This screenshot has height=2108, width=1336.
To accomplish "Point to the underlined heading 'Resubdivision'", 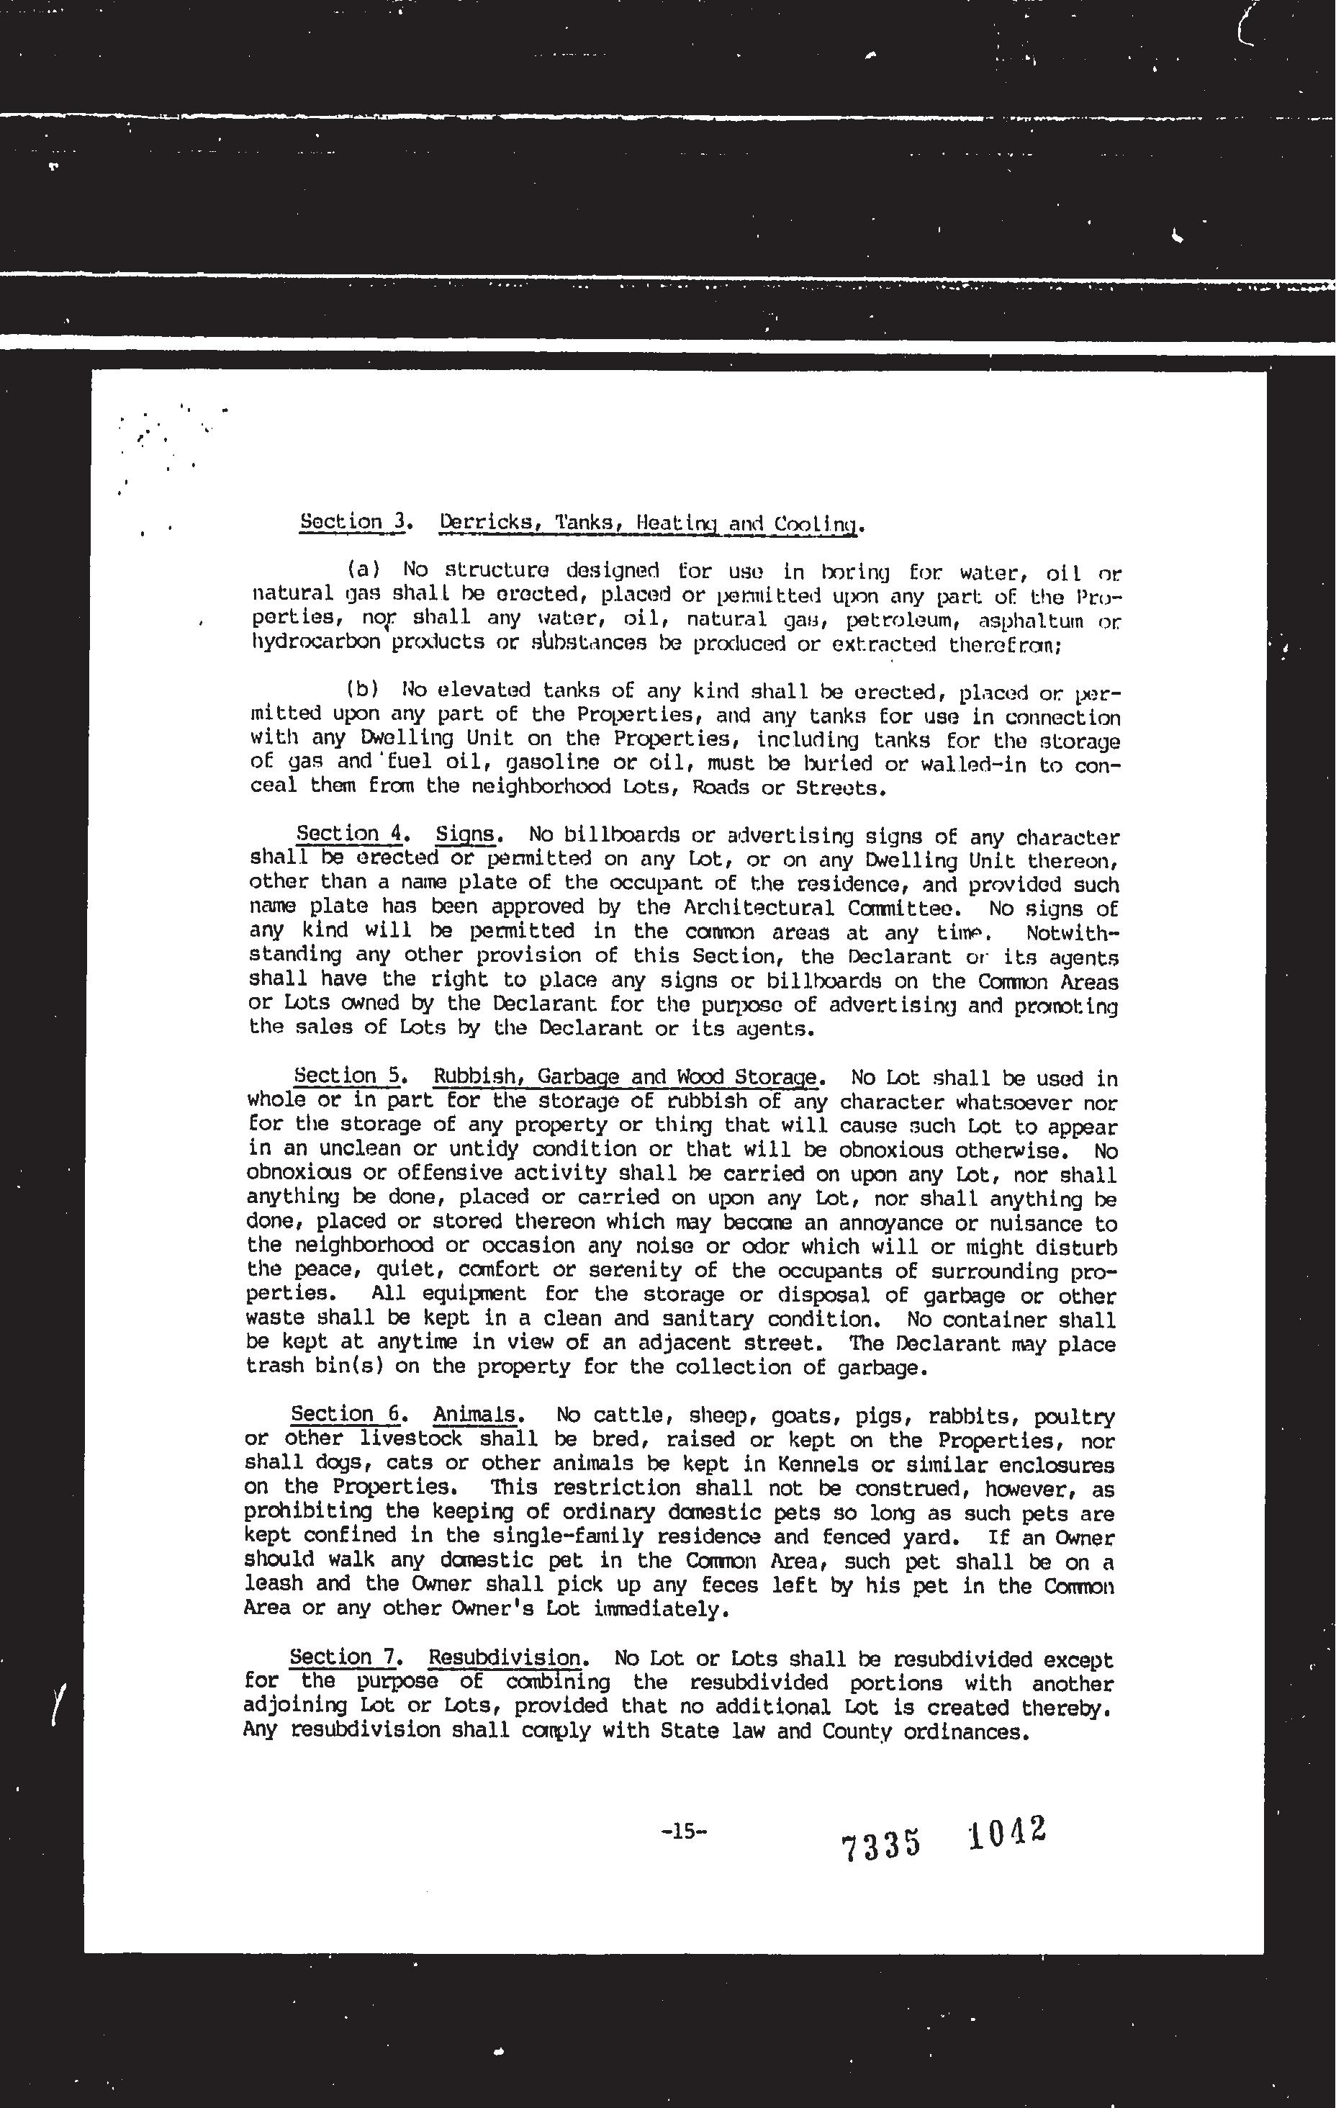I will click(x=505, y=1657).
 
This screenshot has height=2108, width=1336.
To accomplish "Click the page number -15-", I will click(x=684, y=1829).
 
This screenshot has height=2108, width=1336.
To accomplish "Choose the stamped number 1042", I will click(x=1007, y=1832).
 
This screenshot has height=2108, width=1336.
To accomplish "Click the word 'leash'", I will click(x=273, y=1582).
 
